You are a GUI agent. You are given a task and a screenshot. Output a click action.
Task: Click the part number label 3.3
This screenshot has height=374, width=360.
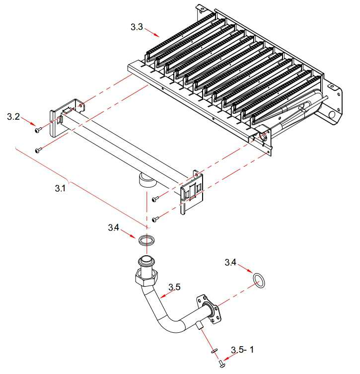tap(137, 27)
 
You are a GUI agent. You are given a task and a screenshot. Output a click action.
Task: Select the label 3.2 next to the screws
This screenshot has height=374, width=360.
tap(13, 117)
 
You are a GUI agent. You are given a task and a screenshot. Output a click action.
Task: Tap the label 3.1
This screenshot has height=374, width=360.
tap(60, 189)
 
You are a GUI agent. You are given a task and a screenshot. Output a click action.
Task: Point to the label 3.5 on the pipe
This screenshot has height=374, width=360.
tap(174, 287)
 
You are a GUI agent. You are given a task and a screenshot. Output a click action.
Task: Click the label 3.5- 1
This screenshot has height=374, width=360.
tap(244, 350)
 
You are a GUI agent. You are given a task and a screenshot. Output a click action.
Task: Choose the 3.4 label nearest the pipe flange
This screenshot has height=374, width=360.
tap(231, 262)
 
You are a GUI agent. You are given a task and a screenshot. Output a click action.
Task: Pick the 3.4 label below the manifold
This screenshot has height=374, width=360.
tap(114, 227)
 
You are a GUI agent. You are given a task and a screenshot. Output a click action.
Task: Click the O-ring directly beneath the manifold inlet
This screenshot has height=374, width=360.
tap(145, 241)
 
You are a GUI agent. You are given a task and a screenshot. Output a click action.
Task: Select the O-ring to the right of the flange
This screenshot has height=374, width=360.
tap(259, 280)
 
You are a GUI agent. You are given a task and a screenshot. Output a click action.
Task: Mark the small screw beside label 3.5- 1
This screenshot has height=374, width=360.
tap(221, 364)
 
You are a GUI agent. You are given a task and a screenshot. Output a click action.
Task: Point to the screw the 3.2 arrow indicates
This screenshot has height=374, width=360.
tap(37, 131)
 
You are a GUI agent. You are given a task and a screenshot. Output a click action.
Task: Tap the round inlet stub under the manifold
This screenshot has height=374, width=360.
tap(145, 179)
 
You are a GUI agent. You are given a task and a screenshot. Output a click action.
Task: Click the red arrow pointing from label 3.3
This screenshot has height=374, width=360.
tap(152, 33)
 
